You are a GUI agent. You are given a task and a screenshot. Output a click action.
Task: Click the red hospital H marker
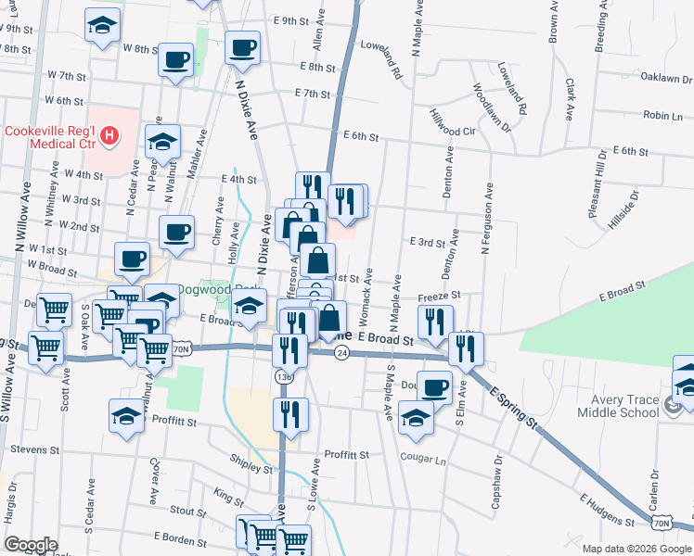click(x=109, y=138)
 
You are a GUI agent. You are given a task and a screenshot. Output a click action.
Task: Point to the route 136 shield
click(x=284, y=376)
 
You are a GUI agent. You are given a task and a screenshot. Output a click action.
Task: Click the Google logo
click(x=31, y=544)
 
